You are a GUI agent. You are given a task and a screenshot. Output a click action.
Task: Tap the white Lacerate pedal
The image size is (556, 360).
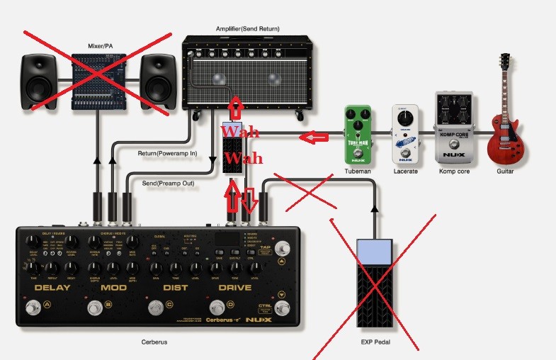pyautogui.click(x=405, y=135)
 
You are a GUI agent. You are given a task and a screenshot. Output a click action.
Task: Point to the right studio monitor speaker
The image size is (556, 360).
pyautogui.click(x=157, y=79)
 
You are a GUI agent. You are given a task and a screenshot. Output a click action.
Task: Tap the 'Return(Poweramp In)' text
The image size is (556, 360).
pyautogui.click(x=167, y=153)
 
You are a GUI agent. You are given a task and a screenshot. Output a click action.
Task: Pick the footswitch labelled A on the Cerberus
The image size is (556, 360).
pyautogui.click(x=32, y=308)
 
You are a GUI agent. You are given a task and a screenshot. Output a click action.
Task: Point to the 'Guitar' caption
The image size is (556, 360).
pyautogui.click(x=505, y=171)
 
